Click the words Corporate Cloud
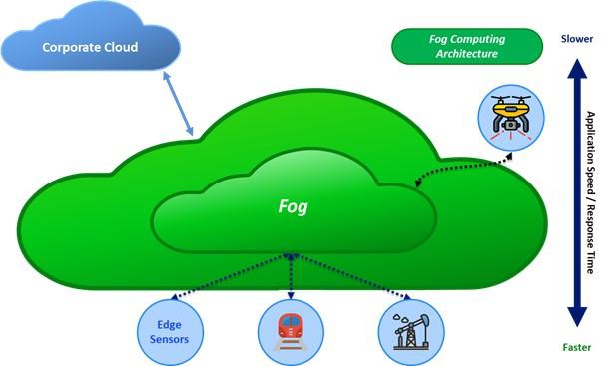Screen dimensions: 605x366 click(90, 47)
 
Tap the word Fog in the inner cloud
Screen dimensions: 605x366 click(294, 206)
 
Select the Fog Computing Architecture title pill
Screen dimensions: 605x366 click(467, 46)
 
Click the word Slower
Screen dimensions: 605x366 click(577, 39)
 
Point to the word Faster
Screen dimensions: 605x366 click(577, 347)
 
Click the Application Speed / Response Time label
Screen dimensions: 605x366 click(591, 192)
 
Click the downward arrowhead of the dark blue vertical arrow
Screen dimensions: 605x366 click(577, 317)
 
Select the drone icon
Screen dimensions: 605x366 click(511, 117)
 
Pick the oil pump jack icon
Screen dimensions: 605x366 click(411, 332)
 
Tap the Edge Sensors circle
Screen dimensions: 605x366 click(170, 332)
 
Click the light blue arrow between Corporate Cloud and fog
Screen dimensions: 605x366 click(178, 104)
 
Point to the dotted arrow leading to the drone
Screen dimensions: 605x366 click(463, 167)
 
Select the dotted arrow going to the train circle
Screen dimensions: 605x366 click(291, 276)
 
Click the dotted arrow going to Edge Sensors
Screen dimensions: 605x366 click(231, 276)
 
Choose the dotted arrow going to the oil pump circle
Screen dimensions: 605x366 click(351, 276)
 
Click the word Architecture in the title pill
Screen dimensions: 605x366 click(467, 54)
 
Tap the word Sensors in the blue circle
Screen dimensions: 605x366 click(169, 339)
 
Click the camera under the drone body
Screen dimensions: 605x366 click(511, 124)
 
